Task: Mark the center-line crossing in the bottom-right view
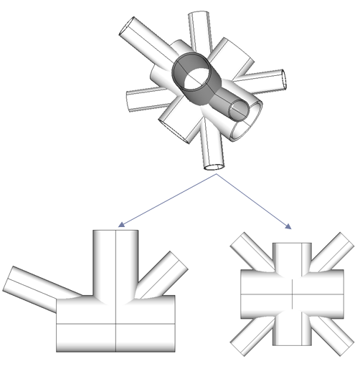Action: click(x=293, y=292)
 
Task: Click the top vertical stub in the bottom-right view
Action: click(x=293, y=255)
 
